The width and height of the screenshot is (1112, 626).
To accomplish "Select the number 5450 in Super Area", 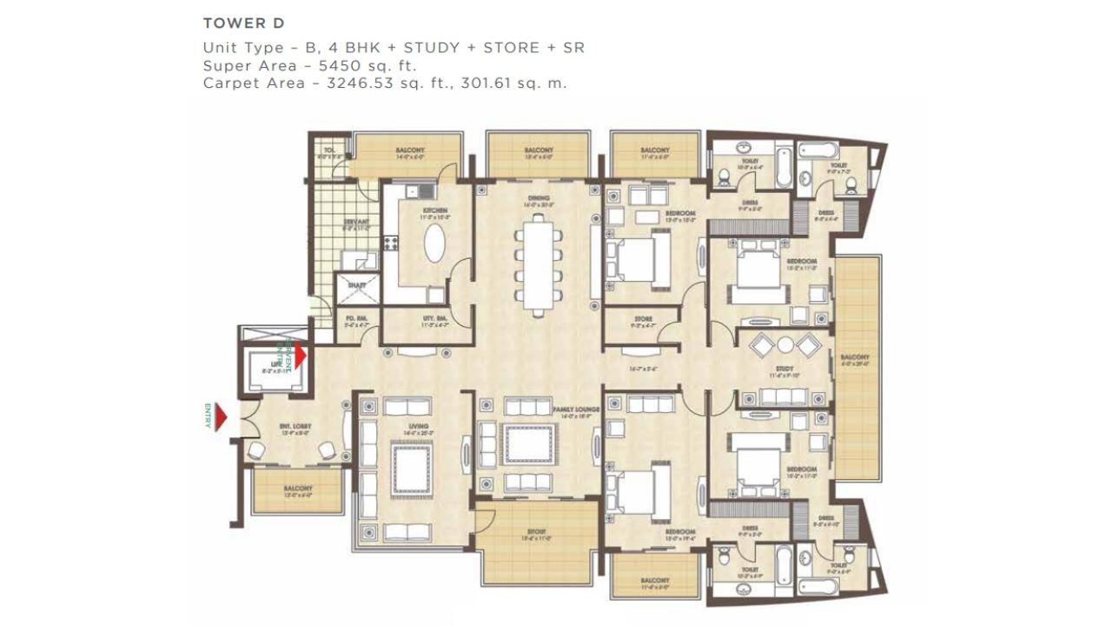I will pos(344,65).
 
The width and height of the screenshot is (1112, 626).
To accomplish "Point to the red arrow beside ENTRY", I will pos(221,417).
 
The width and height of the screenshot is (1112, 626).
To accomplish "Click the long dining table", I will pos(539,265).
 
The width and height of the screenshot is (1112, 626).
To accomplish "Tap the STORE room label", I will pos(643,319).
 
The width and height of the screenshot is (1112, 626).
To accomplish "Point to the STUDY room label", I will pos(784,370).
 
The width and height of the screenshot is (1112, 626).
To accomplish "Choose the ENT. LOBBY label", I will pos(290,426).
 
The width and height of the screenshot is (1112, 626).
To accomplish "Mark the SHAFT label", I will pos(356,283).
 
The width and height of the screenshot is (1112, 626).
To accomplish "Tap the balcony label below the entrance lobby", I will pos(297,489).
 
